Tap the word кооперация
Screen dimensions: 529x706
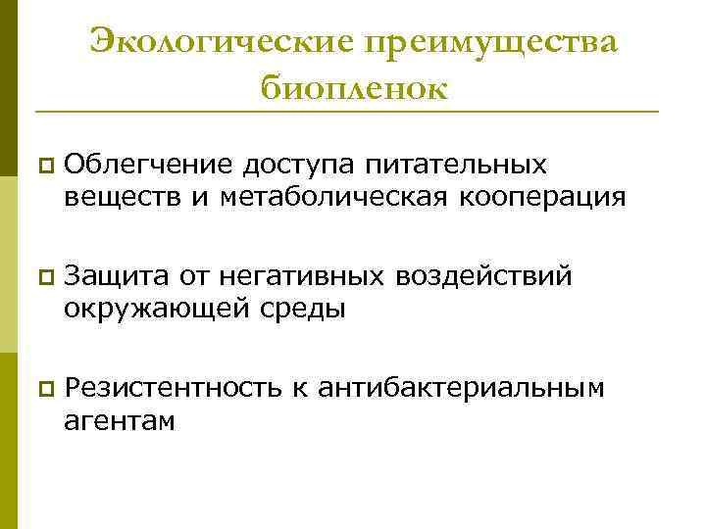[546, 199]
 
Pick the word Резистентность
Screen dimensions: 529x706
[172, 390]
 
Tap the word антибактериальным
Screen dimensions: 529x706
[459, 390]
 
